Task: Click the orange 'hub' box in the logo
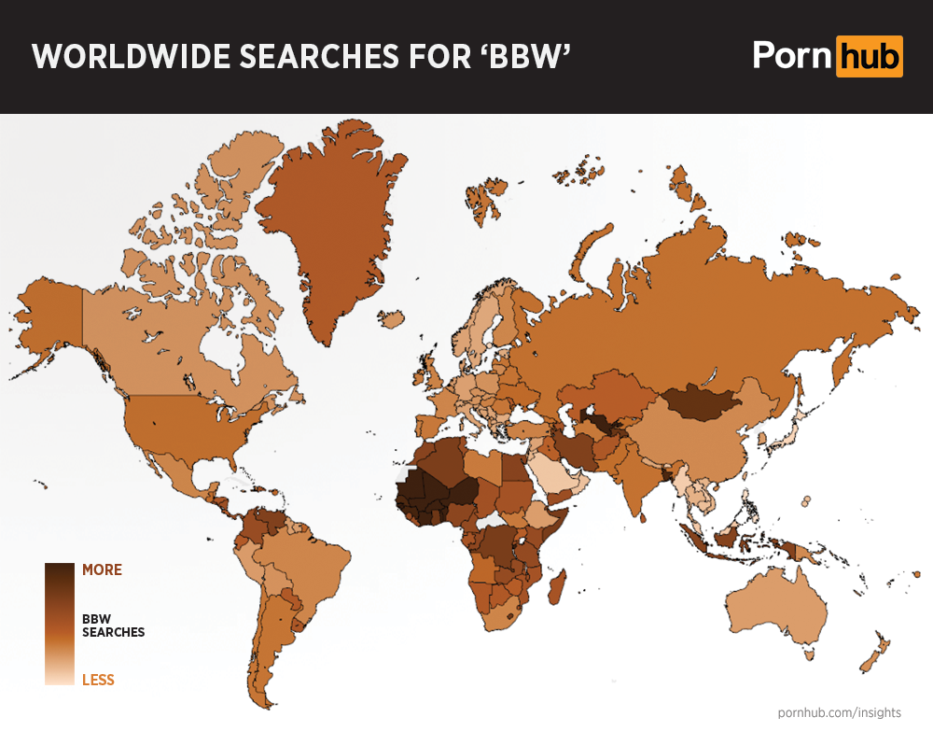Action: [x=869, y=56]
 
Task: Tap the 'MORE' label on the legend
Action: [x=102, y=569]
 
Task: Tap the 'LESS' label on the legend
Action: [x=98, y=680]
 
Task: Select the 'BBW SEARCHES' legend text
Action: [x=113, y=625]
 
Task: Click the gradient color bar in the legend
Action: [x=59, y=624]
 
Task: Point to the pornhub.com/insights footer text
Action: [x=839, y=712]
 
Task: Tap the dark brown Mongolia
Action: [x=700, y=402]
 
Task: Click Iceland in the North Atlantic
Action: [x=392, y=319]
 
